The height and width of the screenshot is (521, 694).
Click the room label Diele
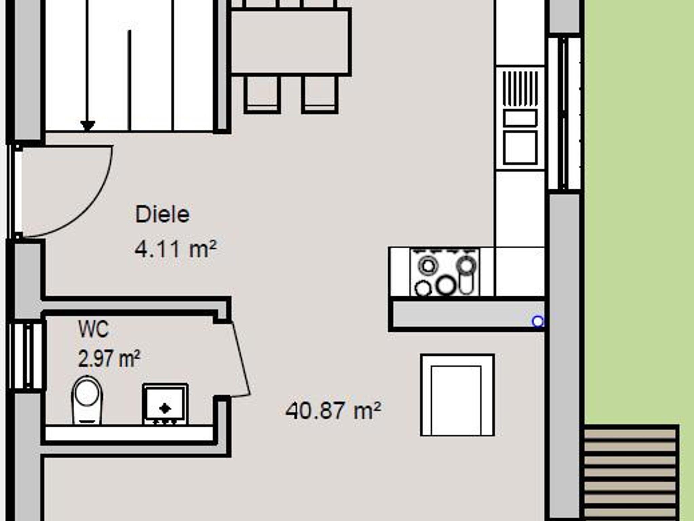tap(162, 214)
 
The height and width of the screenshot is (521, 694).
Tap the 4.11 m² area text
tap(176, 249)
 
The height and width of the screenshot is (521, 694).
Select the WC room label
tap(94, 329)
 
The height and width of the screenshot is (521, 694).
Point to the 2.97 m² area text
tap(109, 359)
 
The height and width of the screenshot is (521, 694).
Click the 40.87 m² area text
tap(333, 411)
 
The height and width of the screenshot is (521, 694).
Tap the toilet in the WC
tap(87, 400)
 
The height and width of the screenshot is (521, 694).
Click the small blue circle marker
tap(538, 321)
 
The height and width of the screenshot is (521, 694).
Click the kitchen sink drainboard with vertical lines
tap(520, 88)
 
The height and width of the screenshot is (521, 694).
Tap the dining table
tap(290, 42)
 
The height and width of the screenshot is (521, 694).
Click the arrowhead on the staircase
tap(88, 126)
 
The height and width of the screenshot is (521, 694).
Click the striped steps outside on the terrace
tap(631, 473)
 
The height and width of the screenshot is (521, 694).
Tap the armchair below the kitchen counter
tap(457, 395)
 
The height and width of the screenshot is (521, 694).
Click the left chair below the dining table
tap(262, 94)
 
